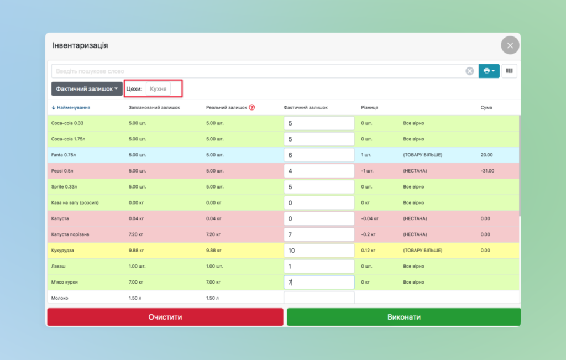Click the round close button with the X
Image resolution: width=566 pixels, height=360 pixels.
click(510, 45)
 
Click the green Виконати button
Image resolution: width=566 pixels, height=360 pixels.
click(403, 317)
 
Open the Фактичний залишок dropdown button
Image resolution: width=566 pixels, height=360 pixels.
click(87, 88)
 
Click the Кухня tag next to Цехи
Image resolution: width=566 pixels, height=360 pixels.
click(158, 88)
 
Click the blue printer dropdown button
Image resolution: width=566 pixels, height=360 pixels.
click(489, 71)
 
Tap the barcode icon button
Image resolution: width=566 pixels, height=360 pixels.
click(509, 71)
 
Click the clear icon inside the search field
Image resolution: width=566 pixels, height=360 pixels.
click(469, 71)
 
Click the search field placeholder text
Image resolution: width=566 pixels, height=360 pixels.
click(90, 71)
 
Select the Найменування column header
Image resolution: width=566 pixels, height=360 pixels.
click(73, 107)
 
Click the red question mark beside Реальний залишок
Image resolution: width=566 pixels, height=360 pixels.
click(252, 107)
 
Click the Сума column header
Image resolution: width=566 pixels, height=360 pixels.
click(486, 107)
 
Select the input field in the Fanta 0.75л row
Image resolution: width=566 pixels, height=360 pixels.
click(319, 155)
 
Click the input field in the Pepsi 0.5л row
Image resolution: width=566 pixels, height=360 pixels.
click(319, 171)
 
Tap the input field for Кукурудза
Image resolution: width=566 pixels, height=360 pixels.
click(319, 251)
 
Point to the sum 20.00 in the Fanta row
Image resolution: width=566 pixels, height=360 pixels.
click(487, 155)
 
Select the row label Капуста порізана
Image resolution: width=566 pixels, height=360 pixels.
click(70, 234)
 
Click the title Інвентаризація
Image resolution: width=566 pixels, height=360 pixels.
click(80, 45)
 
